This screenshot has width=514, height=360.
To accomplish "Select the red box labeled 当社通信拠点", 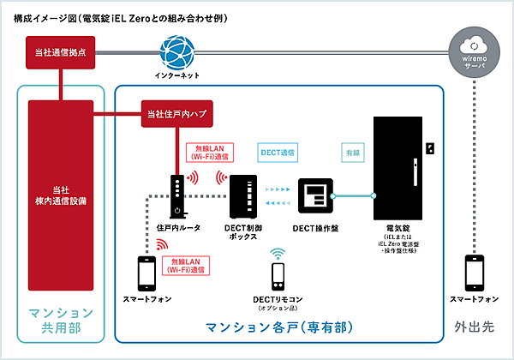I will click(x=59, y=53).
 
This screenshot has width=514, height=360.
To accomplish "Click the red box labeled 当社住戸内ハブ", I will click(x=176, y=112).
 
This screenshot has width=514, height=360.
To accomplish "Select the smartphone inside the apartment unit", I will click(x=147, y=273).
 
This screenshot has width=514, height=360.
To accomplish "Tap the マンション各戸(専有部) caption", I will click(x=278, y=327).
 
